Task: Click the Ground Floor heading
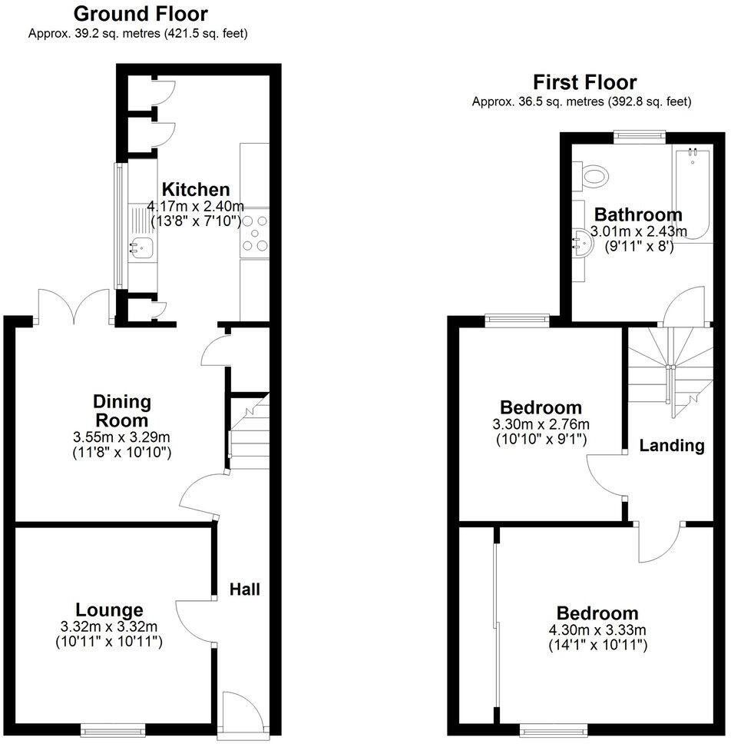[x=140, y=14]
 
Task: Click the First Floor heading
[x=585, y=82]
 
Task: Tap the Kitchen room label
[x=195, y=190]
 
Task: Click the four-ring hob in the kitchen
[x=256, y=233]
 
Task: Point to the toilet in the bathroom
[x=593, y=174]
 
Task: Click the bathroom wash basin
[x=583, y=244]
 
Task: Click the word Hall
[x=245, y=590]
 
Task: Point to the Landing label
[x=672, y=445]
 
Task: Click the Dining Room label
[x=122, y=410]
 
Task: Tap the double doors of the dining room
[x=74, y=306]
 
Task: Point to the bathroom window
[x=640, y=135]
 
